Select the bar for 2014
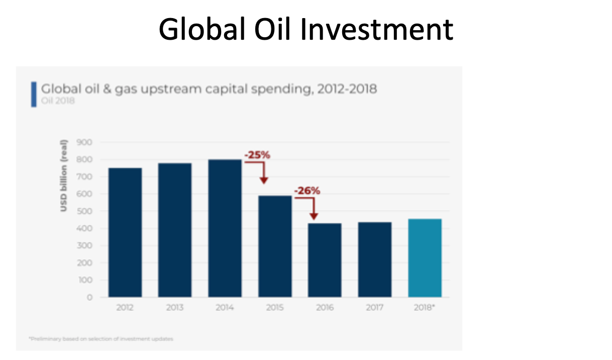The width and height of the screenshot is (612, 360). click(x=224, y=228)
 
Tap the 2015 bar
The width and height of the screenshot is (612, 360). click(x=274, y=246)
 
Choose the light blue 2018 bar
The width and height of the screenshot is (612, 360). click(x=425, y=258)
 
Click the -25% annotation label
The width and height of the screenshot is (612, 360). click(x=257, y=155)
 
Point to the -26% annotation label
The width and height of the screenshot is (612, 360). click(x=307, y=191)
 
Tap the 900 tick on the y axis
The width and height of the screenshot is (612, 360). click(x=85, y=142)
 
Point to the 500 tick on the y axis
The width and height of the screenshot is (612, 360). click(x=85, y=211)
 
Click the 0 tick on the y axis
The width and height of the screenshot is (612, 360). click(x=89, y=297)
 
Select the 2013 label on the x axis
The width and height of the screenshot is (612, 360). click(x=174, y=308)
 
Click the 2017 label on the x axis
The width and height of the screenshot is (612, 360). click(x=374, y=308)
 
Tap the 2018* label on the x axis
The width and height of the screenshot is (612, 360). click(x=425, y=308)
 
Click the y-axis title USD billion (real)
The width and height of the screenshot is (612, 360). click(x=64, y=177)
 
